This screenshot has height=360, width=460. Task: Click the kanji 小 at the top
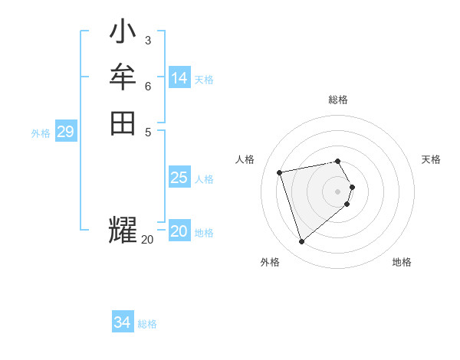coord(123,33)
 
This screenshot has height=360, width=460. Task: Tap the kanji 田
coord(123,123)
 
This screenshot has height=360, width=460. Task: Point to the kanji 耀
coord(123,230)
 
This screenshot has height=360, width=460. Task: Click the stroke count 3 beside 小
coord(147,40)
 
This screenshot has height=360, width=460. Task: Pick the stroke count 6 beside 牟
coord(147,86)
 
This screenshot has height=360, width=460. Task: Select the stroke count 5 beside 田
coord(147,131)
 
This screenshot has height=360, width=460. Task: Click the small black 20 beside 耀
coord(147,240)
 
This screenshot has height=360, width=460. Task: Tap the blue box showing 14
coord(179,78)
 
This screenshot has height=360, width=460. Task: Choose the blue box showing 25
coord(179,178)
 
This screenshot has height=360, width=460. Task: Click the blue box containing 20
coord(179,232)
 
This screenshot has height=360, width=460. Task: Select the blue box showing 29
coord(66,133)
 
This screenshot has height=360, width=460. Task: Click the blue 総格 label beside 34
coord(147,324)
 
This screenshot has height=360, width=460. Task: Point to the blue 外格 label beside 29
coord(41,133)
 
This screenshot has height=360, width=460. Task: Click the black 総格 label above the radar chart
coord(338,100)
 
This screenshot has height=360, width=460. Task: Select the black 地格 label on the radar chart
coord(402,262)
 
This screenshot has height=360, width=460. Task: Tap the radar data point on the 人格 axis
coord(280,172)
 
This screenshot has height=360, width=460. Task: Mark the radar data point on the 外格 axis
coord(302,242)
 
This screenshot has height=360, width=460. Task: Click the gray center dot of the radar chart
coord(338,191)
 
